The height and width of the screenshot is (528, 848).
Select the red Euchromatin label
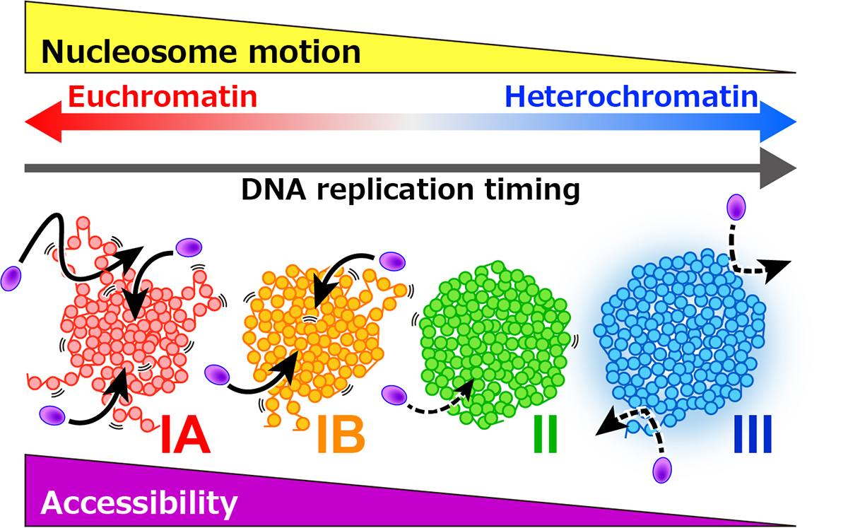[162, 96]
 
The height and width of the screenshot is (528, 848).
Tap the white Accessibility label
[139, 503]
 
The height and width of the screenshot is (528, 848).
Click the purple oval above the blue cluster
[736, 208]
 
